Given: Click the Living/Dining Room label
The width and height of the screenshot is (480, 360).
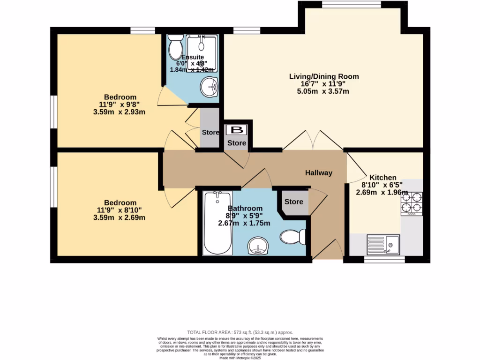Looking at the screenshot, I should [324, 76].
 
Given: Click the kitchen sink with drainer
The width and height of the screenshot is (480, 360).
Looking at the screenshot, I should [382, 244].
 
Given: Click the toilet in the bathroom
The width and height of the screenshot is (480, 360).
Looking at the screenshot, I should [293, 237].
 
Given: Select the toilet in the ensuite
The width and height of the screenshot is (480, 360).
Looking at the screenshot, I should [176, 46].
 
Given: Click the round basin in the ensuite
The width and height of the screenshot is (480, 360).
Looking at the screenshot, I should [209, 86].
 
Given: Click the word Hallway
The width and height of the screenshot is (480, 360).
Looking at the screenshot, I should [319, 173].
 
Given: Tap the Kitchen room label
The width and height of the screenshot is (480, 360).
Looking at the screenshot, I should [383, 178].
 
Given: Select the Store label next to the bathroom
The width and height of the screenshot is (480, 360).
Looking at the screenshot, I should [294, 202].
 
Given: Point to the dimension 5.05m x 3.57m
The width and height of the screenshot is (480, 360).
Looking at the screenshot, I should [324, 91].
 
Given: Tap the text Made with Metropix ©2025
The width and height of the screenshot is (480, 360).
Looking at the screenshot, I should [240, 358].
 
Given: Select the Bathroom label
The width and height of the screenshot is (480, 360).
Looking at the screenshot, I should [245, 208].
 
